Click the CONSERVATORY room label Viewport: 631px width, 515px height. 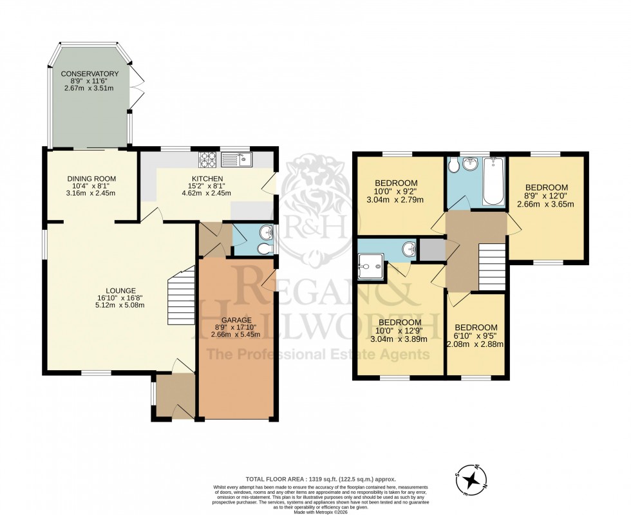pyautogui.click(x=90, y=74)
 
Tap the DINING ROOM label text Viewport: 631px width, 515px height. pyautogui.click(x=91, y=180)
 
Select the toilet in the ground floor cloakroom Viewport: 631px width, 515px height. pyautogui.click(x=263, y=248)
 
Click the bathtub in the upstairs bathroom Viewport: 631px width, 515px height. pyautogui.click(x=493, y=181)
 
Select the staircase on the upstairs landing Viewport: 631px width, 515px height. pyautogui.click(x=493, y=267)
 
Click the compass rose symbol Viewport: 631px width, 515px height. pyautogui.click(x=473, y=478)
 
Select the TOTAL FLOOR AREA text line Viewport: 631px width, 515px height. pyautogui.click(x=320, y=480)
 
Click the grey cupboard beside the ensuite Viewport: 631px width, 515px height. pyautogui.click(x=430, y=249)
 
